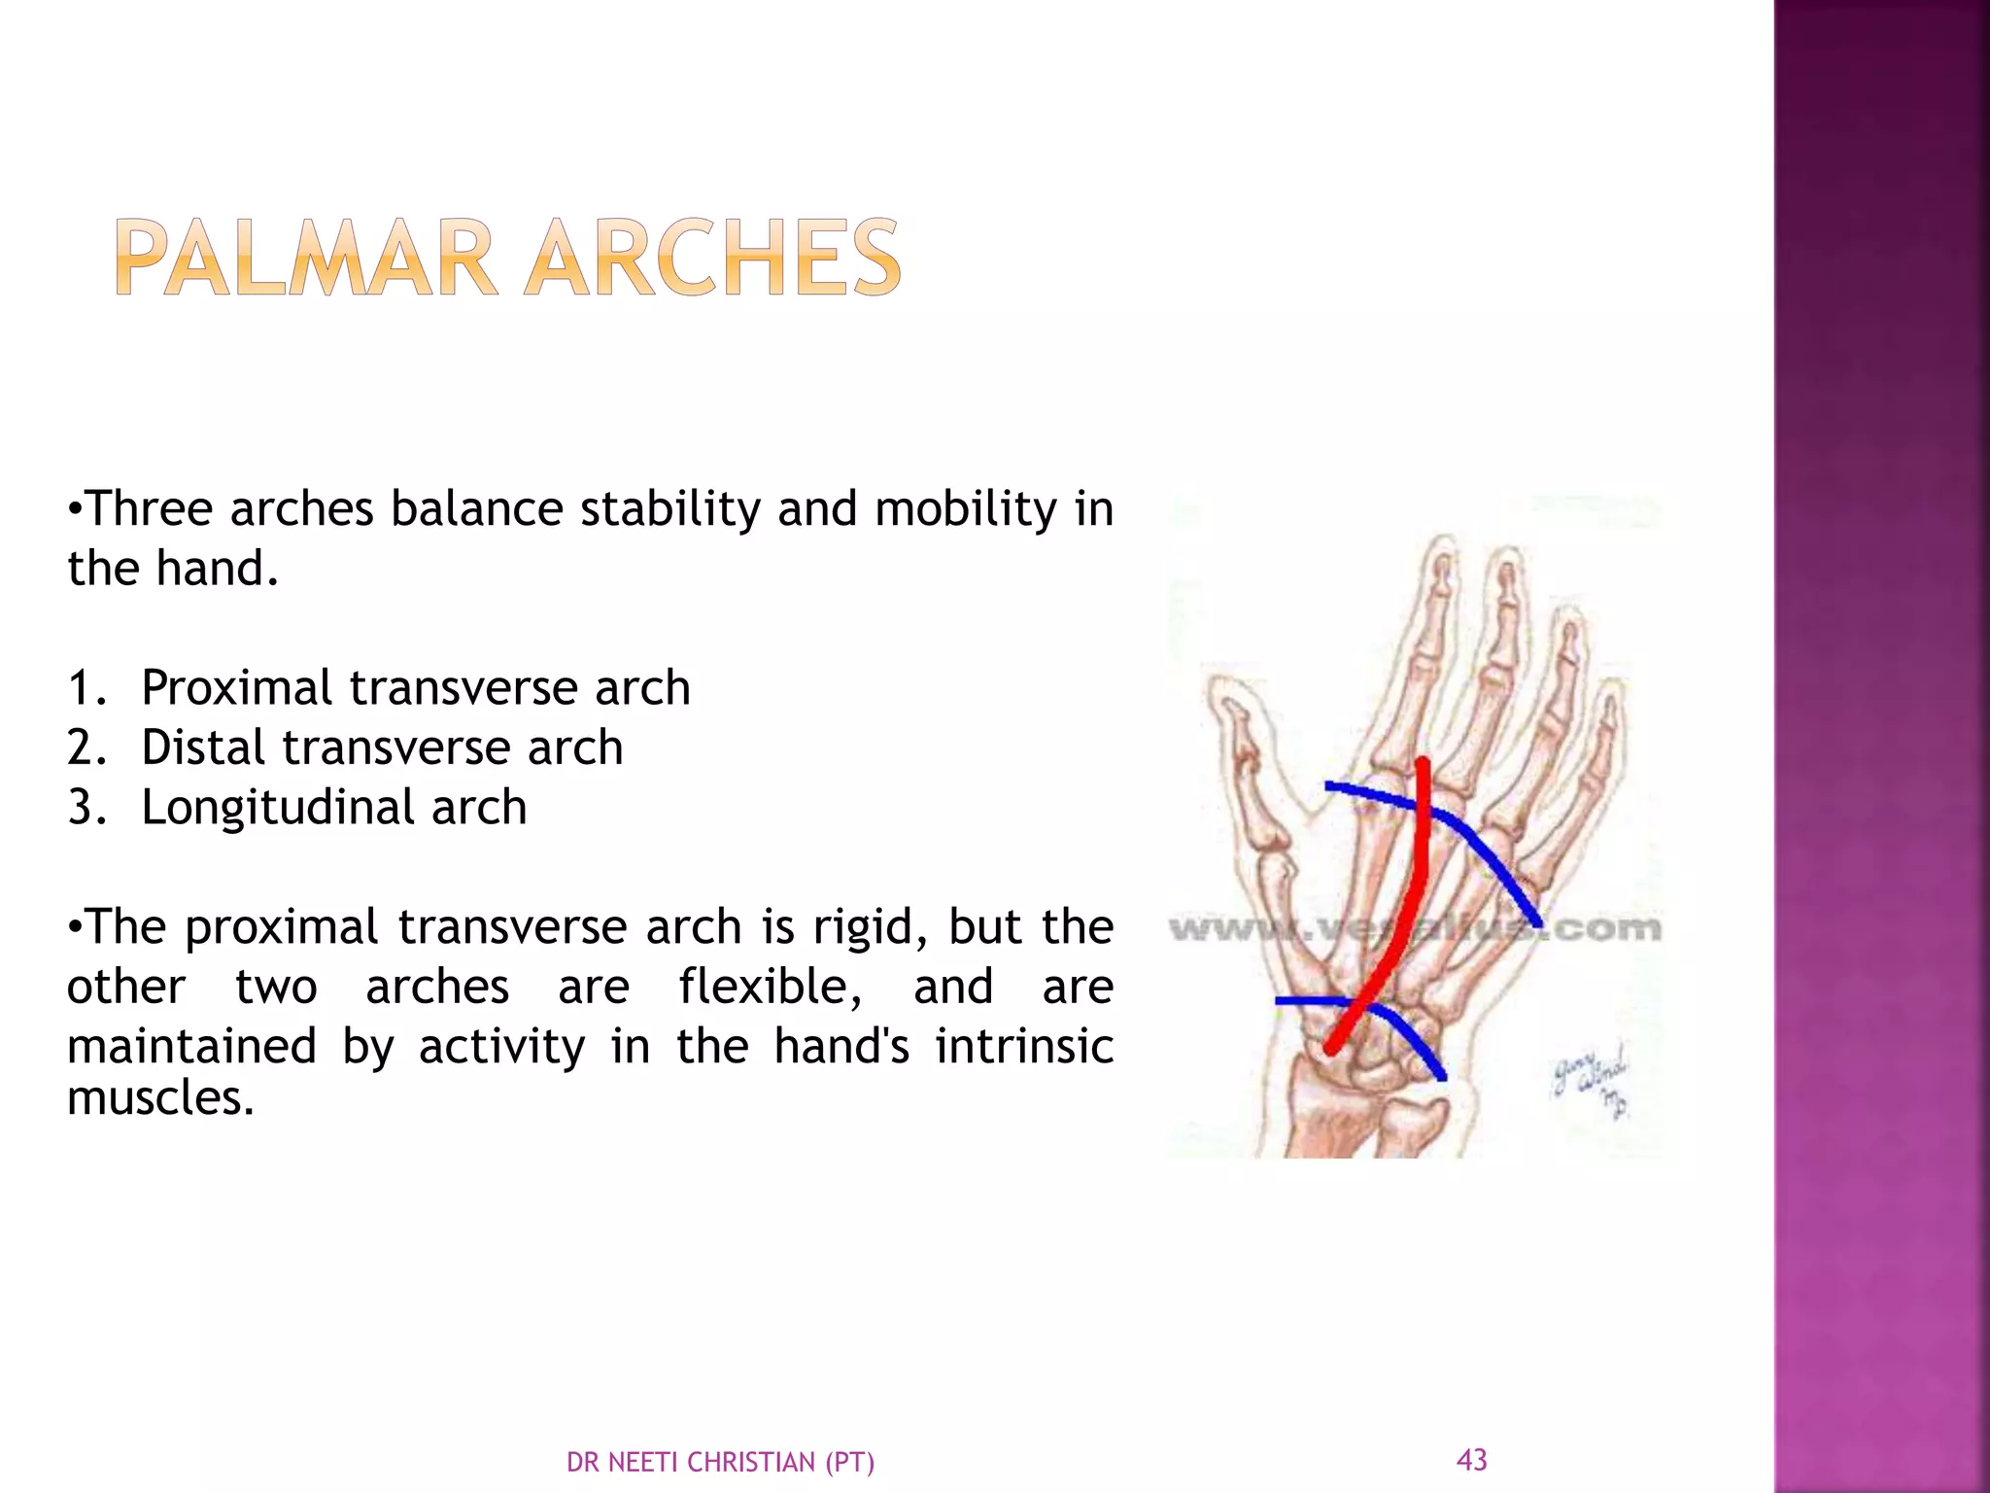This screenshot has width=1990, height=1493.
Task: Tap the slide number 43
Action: point(1471,1459)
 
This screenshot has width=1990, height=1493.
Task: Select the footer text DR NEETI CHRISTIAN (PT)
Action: point(720,1462)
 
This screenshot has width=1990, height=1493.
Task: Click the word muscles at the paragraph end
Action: point(160,1098)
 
